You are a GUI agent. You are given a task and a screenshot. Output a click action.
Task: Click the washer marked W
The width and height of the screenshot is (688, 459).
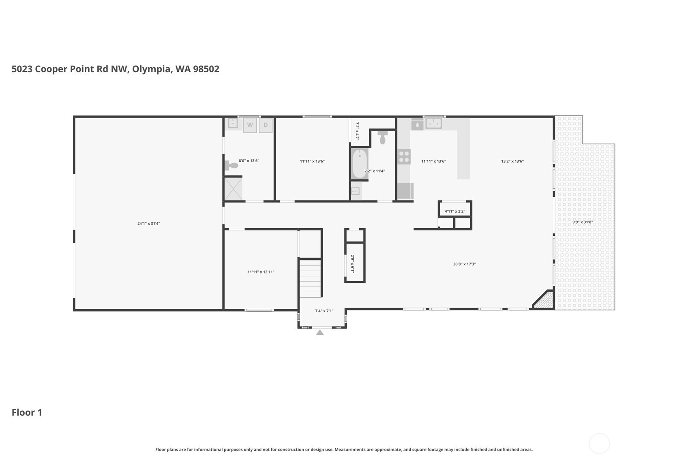[x=250, y=125]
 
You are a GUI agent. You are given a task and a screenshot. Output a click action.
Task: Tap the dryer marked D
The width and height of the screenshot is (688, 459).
[x=266, y=125]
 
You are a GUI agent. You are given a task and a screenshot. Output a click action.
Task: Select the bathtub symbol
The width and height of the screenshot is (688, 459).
[x=360, y=164]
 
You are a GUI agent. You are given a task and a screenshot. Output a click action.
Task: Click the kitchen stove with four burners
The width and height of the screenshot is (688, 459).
[x=404, y=157]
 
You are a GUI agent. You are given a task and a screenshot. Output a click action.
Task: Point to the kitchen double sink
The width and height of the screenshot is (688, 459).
[x=434, y=124]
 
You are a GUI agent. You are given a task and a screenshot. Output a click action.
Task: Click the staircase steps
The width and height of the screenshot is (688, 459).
[x=310, y=278]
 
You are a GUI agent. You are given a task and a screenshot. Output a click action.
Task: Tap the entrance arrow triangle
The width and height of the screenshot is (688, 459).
[x=320, y=333]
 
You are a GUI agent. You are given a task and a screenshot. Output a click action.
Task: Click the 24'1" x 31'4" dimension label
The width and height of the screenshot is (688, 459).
[x=149, y=224]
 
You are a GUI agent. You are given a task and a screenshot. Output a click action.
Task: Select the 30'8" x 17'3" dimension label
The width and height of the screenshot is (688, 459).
[x=464, y=264]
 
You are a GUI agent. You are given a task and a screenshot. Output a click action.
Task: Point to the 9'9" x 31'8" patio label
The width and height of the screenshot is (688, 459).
[x=582, y=222]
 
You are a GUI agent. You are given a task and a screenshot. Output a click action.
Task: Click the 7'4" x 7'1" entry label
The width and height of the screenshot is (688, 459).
[x=324, y=311]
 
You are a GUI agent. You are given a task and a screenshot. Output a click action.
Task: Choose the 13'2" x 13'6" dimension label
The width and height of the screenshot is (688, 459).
[x=512, y=161]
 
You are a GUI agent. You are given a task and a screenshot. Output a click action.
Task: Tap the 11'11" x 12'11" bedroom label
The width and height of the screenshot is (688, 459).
[x=261, y=272]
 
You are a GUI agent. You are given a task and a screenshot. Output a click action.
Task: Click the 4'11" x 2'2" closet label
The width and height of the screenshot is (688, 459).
[x=455, y=211]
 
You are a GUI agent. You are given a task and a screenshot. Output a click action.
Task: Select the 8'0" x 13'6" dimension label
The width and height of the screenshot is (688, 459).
[x=249, y=160]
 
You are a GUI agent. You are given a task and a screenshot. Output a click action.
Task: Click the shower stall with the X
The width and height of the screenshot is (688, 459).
[x=234, y=189]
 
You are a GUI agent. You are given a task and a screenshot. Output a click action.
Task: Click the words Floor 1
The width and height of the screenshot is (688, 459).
[x=27, y=412]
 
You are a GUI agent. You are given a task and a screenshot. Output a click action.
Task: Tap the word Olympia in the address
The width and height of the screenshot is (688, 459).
[x=151, y=69]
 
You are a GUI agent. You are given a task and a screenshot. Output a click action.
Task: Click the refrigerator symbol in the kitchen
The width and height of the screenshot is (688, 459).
[x=405, y=191]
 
